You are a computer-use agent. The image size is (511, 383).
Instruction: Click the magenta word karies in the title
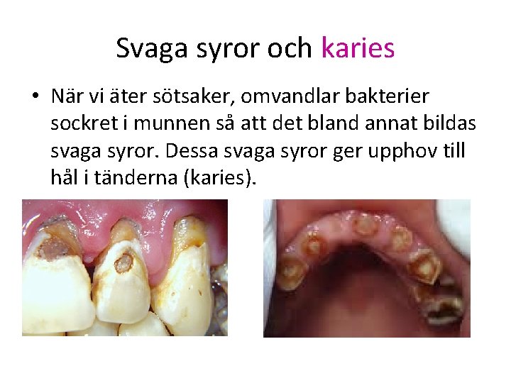point(358,48)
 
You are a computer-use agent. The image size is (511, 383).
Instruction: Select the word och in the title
point(290,48)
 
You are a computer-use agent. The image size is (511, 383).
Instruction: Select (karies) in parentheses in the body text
point(219,179)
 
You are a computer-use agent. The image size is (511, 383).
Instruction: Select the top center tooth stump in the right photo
point(366,226)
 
